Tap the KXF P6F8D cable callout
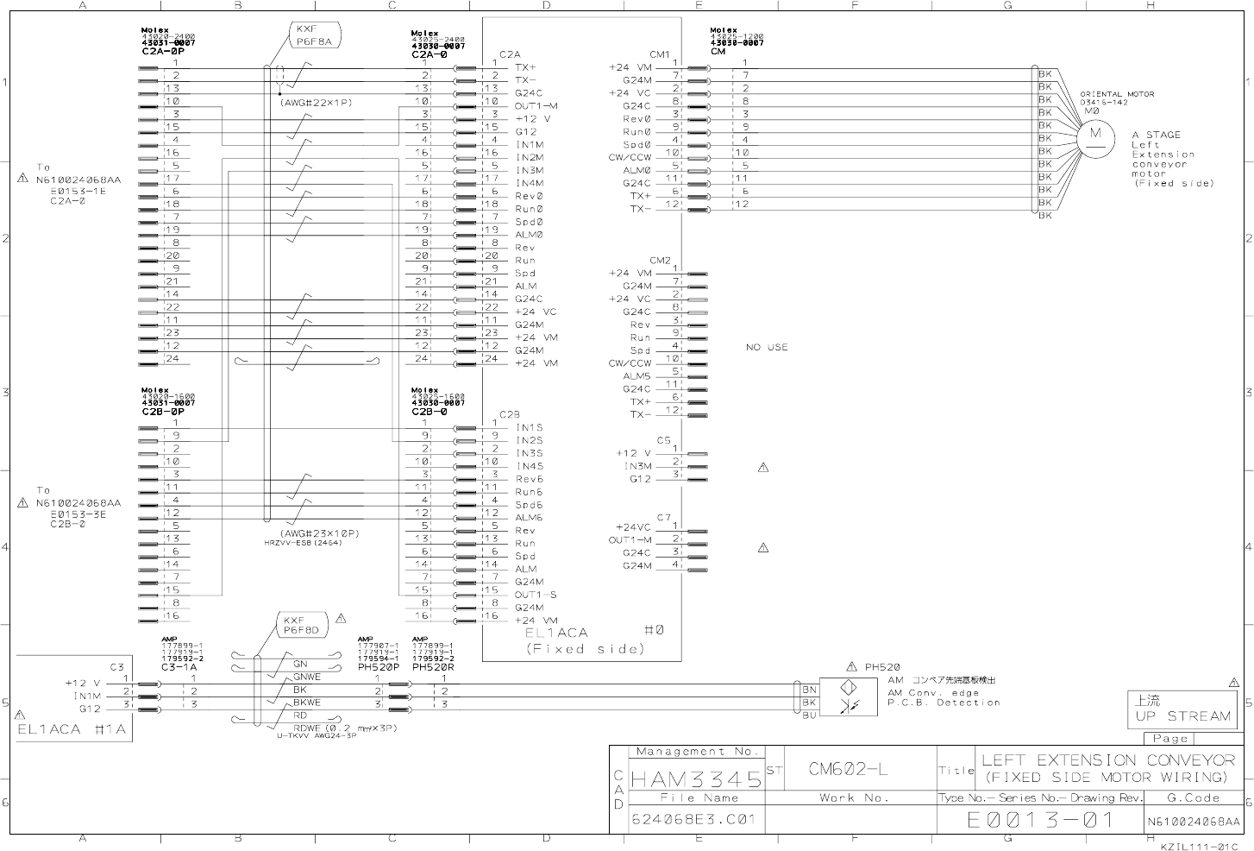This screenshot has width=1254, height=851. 302,625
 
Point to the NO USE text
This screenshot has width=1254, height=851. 767,347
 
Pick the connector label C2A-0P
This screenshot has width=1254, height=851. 163,52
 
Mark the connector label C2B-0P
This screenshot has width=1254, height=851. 163,412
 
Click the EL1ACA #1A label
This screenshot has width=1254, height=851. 72,729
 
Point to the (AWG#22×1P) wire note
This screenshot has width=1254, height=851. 316,102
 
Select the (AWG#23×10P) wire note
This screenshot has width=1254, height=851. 318,533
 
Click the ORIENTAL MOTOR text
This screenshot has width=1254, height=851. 1117,94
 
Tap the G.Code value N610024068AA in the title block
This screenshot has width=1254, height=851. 1193,822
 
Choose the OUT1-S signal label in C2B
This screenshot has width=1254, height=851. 536,595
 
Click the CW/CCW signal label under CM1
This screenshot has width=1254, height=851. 630,157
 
